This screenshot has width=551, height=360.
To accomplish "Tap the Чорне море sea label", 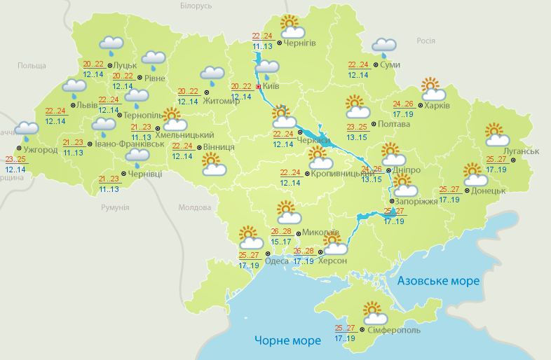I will pyautogui.click(x=287, y=340).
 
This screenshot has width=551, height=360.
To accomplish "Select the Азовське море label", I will pyautogui.click(x=439, y=281).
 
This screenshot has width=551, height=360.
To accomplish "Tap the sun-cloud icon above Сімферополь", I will pyautogui.click(x=372, y=312).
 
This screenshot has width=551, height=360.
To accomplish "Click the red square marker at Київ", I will pyautogui.click(x=259, y=88).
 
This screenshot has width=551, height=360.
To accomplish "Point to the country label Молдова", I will pyautogui.click(x=194, y=208).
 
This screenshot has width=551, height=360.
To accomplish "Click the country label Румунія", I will pyautogui.click(x=115, y=208).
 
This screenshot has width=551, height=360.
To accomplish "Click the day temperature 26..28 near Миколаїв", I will pyautogui.click(x=281, y=232).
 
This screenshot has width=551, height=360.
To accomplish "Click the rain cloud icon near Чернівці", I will pyautogui.click(x=137, y=160).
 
